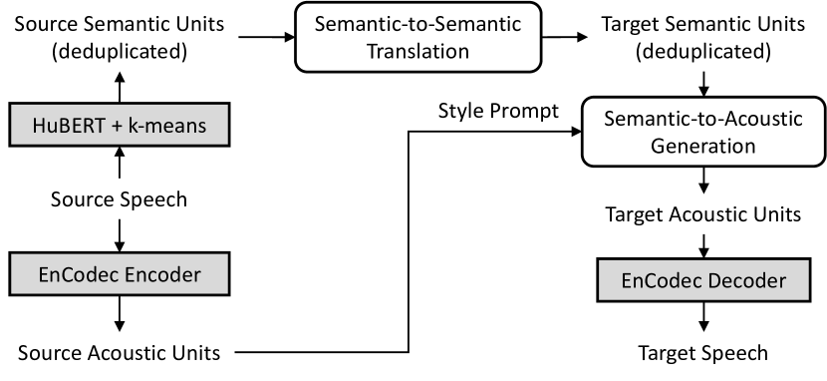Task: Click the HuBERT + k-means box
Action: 121,125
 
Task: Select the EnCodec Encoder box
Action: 121,271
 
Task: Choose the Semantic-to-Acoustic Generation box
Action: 705,132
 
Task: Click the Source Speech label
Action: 121,198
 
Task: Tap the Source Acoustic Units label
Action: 121,351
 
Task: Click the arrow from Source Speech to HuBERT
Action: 121,162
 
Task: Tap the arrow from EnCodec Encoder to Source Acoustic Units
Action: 121,313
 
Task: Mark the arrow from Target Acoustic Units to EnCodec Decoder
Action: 705,242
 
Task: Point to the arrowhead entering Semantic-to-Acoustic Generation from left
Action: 577,132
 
